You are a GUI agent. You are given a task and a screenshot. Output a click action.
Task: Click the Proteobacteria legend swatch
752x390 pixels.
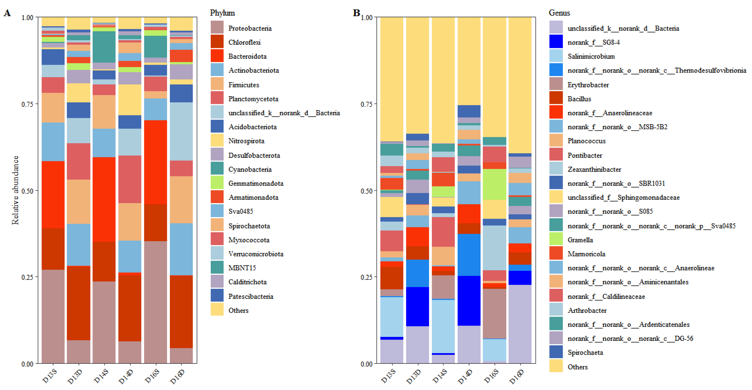pos(217,27)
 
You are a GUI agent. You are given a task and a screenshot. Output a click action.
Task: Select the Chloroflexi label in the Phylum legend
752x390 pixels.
pos(244,42)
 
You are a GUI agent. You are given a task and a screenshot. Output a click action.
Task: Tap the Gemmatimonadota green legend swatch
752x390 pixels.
pos(217,183)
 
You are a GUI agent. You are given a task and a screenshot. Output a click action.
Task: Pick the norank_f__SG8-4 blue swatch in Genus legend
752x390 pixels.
pos(556,42)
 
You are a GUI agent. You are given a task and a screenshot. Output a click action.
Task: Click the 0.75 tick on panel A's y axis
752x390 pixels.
pos(27,104)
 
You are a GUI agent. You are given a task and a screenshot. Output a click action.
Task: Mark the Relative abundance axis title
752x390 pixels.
pos(15,190)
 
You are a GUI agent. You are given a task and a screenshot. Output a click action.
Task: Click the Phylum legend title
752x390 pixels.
pos(222,13)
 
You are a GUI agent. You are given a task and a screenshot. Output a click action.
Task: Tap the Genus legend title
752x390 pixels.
pos(559,13)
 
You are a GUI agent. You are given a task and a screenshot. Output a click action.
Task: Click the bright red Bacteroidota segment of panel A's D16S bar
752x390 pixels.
pos(155,162)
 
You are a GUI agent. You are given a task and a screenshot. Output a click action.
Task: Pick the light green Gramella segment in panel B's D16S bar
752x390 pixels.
pos(494,184)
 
